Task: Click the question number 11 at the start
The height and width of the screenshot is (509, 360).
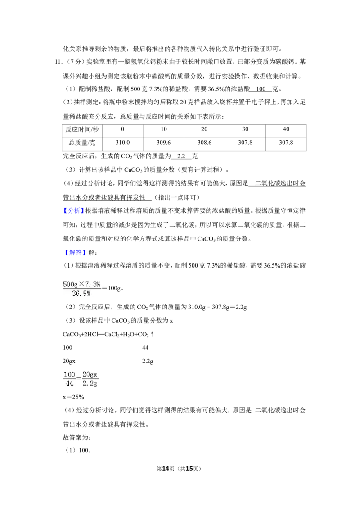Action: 58,62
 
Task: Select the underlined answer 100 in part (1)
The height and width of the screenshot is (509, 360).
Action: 261,89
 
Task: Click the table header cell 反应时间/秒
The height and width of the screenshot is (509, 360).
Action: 82,129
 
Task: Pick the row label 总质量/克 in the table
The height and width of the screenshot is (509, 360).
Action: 82,143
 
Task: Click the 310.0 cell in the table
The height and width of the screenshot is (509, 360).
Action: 122,143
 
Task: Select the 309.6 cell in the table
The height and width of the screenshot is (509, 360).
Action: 163,143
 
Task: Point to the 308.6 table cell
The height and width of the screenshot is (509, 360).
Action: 204,143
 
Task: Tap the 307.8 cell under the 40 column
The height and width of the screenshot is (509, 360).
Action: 286,143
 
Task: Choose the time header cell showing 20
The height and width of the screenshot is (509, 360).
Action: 204,129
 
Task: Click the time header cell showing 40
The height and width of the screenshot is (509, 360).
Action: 286,129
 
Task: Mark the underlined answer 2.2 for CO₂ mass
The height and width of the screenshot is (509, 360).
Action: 181,156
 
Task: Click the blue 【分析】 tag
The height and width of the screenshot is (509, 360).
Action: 73,211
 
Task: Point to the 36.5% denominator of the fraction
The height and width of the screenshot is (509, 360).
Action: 81,294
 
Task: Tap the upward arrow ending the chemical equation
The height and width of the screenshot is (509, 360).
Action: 152,334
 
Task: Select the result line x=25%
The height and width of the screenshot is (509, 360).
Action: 73,397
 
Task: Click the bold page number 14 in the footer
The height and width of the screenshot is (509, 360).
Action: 166,469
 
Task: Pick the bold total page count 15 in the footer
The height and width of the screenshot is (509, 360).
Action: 189,469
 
